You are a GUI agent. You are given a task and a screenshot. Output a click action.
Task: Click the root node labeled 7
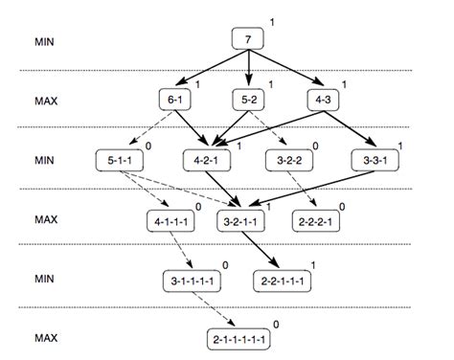click(x=248, y=39)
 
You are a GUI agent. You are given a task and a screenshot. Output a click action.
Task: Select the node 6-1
click(x=175, y=99)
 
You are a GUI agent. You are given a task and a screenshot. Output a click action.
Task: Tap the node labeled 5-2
click(x=248, y=99)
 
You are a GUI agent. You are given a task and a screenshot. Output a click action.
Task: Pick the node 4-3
click(x=321, y=99)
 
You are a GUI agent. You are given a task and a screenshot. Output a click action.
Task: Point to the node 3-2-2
click(x=284, y=160)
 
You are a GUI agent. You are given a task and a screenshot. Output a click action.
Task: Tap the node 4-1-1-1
click(x=170, y=220)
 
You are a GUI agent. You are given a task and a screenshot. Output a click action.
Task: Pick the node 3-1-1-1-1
click(x=194, y=281)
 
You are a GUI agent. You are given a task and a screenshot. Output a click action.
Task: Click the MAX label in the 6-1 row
click(x=44, y=100)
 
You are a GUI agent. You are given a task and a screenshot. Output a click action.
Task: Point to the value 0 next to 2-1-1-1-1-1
click(x=277, y=325)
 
